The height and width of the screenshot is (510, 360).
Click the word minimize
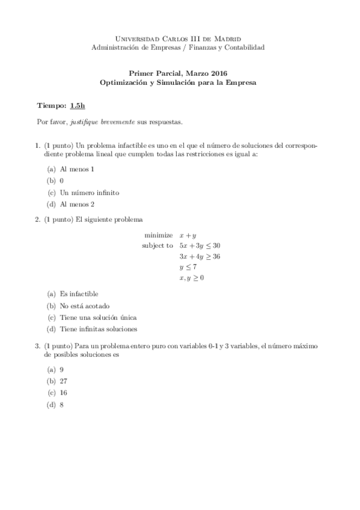[159, 235]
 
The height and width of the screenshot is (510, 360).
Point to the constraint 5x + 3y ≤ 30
[200, 245]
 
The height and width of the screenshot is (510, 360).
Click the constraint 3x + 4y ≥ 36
[200, 256]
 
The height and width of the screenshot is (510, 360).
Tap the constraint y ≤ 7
[188, 267]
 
